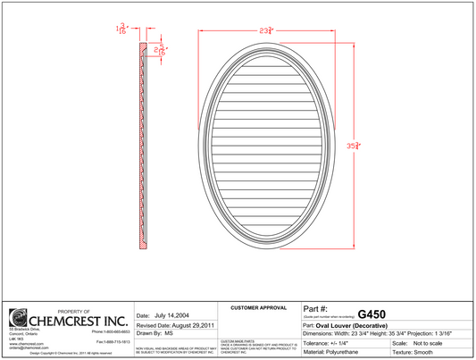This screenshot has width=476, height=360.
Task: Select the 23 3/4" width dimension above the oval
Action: coord(266,31)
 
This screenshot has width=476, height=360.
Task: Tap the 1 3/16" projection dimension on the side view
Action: coord(121,30)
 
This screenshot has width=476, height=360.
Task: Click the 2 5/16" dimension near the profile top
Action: coord(162,51)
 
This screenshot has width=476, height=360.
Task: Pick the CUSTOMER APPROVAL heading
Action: coord(258,307)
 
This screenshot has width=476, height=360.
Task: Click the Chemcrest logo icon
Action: coord(19,318)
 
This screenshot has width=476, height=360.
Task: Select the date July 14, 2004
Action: coord(173,315)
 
